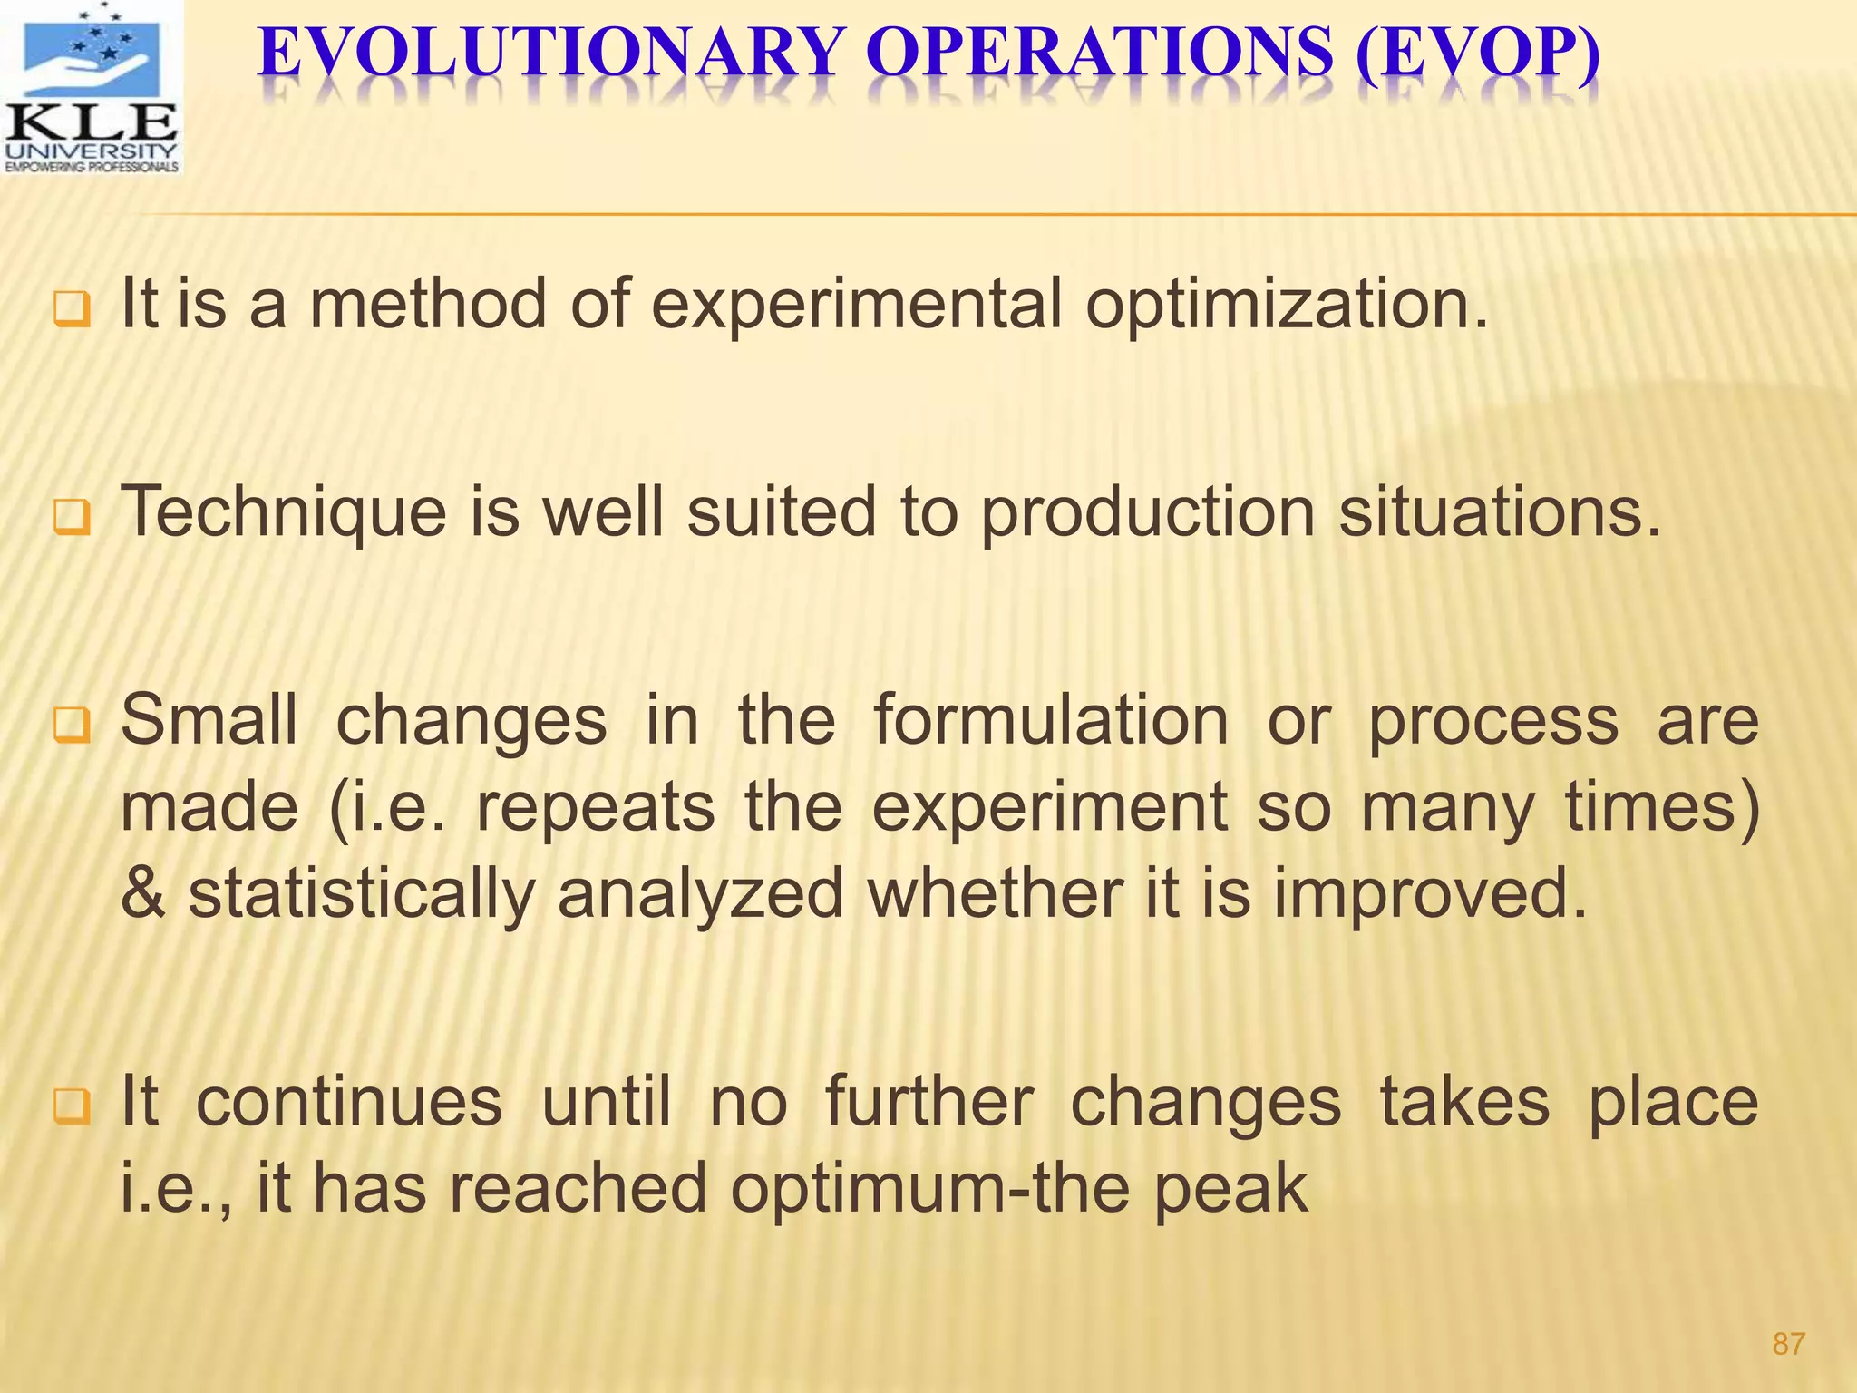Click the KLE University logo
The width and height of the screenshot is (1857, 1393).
click(92, 88)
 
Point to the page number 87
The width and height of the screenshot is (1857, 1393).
click(1788, 1343)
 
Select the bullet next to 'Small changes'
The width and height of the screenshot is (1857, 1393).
click(72, 726)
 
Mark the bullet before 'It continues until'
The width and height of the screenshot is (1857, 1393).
click(72, 1107)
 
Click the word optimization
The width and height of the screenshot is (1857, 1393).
click(1288, 306)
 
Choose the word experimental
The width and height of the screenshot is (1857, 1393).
click(857, 306)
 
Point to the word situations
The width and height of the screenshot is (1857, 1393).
click(1501, 513)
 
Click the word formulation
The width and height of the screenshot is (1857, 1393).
click(1051, 720)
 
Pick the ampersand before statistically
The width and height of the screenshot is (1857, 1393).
click(143, 894)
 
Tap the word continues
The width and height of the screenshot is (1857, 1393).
click(349, 1103)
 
